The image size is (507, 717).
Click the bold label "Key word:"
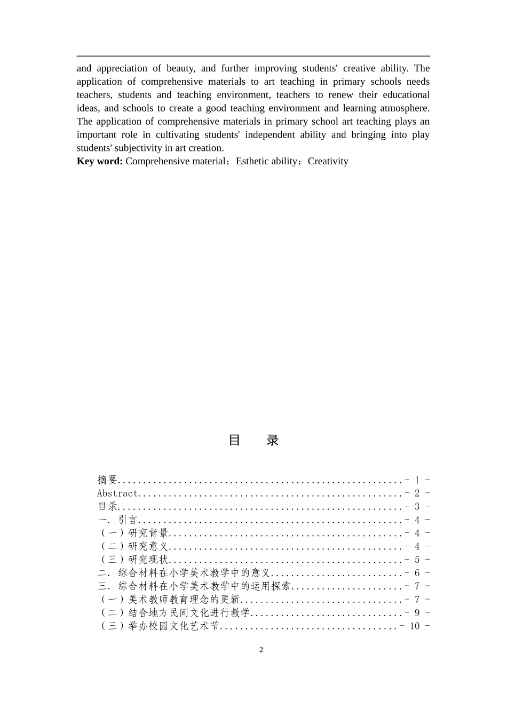tap(100, 161)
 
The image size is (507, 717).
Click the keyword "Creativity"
tap(328, 161)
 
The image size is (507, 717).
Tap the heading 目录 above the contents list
tap(253, 440)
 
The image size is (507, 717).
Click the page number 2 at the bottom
tap(261, 649)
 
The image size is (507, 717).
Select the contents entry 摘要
tap(107, 480)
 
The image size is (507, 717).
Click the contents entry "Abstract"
tap(117, 493)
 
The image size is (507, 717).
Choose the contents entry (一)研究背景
tap(134, 533)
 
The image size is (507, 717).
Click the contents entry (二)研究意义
tap(134, 546)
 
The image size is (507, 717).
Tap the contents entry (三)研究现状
tap(134, 560)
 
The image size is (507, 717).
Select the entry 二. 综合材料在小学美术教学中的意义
tap(185, 573)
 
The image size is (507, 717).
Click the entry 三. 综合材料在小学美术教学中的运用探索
tap(194, 586)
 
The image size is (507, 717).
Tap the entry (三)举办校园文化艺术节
tap(160, 626)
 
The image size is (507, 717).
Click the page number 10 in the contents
tap(415, 626)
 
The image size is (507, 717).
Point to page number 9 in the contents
tap(417, 613)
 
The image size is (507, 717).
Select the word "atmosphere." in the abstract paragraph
tap(404, 108)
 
